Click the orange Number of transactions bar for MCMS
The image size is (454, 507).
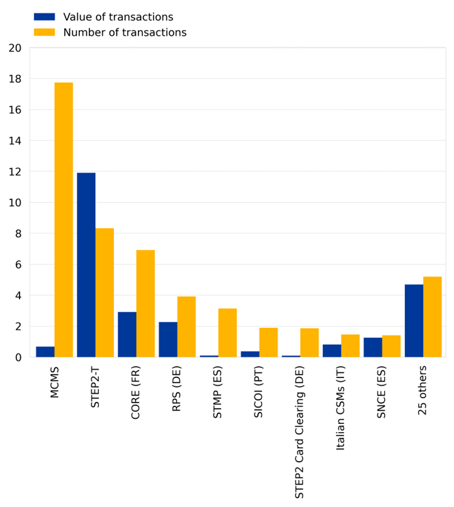pyautogui.click(x=64, y=220)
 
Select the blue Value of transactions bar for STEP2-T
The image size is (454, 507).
pyautogui.click(x=86, y=265)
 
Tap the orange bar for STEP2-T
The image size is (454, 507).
pyautogui.click(x=105, y=292)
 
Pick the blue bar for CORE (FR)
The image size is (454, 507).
pyautogui.click(x=127, y=334)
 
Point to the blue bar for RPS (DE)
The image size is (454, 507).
pyautogui.click(x=168, y=339)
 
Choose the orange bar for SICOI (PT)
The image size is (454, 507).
pyautogui.click(x=268, y=342)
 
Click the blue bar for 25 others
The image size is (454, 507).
pyautogui.click(x=414, y=321)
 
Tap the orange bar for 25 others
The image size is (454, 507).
pyautogui.click(x=432, y=317)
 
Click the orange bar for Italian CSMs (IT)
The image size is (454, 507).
pyautogui.click(x=350, y=345)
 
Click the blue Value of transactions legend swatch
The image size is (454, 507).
pyautogui.click(x=44, y=17)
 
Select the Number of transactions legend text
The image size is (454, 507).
pyautogui.click(x=125, y=33)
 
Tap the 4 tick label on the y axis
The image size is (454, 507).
pyautogui.click(x=18, y=295)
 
